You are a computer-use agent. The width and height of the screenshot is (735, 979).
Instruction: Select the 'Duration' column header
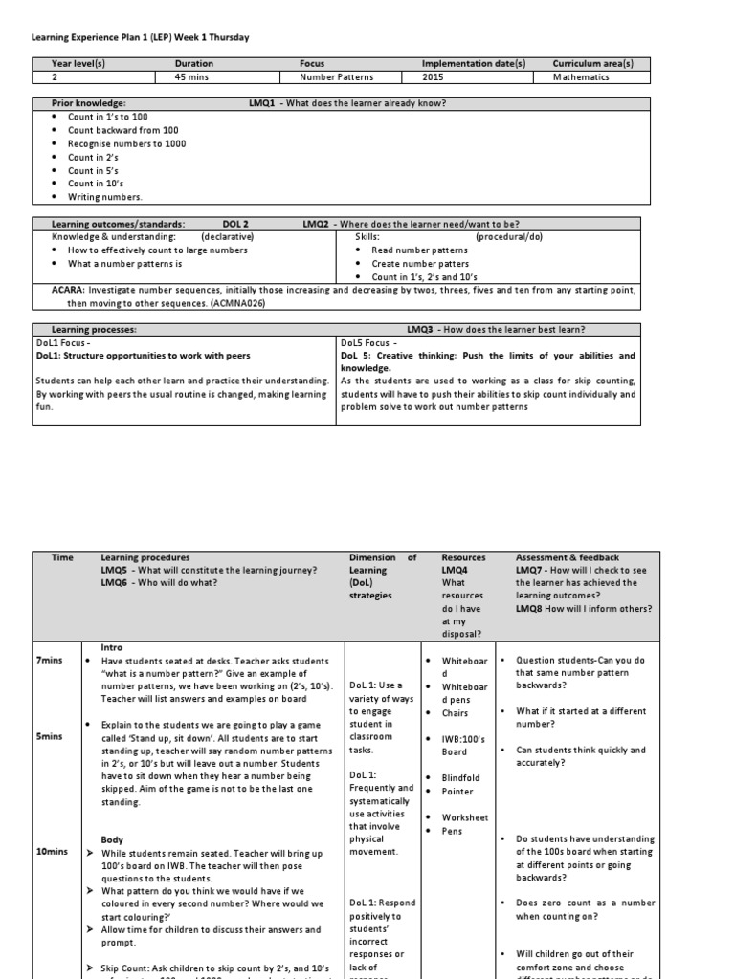pos(194,64)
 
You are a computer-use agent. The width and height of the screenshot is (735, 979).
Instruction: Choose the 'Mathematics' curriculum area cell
pos(581,77)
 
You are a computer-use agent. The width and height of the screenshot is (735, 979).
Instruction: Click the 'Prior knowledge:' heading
pos(88,102)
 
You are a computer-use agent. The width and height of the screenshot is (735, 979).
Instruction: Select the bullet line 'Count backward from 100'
pos(122,130)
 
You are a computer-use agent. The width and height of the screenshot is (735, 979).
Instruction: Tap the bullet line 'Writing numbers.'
pos(105,197)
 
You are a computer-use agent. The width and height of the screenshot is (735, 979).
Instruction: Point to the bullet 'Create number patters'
pos(420,264)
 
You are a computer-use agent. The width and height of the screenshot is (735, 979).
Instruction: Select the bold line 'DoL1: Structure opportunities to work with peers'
pos(143,355)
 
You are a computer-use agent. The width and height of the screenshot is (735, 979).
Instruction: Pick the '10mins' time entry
pos(52,852)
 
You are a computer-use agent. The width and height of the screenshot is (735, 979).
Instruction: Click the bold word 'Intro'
pos(113,647)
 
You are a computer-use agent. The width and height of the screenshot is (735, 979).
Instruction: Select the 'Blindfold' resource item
pos(461,778)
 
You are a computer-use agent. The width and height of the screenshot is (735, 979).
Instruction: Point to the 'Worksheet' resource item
pos(464,817)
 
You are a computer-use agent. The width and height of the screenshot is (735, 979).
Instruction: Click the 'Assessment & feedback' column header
pos(568,557)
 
